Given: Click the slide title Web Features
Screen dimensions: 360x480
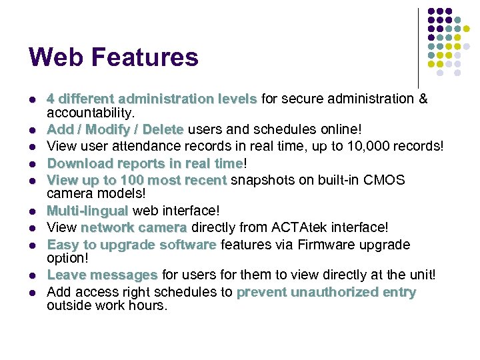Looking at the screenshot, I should pos(113,57).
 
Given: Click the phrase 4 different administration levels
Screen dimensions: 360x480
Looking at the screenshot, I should pos(151,99).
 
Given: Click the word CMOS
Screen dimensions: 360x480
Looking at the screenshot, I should pos(387,180).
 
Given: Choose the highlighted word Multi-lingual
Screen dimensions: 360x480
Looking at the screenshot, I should pos(87,211).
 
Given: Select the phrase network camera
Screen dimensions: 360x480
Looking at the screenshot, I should pos(134,228).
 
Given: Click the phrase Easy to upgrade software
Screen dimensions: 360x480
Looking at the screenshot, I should pos(131,245).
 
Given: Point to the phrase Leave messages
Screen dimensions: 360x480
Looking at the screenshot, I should pos(102,275).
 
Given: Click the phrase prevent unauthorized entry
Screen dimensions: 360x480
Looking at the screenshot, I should pos(326,292).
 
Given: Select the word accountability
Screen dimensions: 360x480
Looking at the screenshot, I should pos(91,112).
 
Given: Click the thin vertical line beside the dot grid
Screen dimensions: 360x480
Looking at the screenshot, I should pos(418,47).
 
